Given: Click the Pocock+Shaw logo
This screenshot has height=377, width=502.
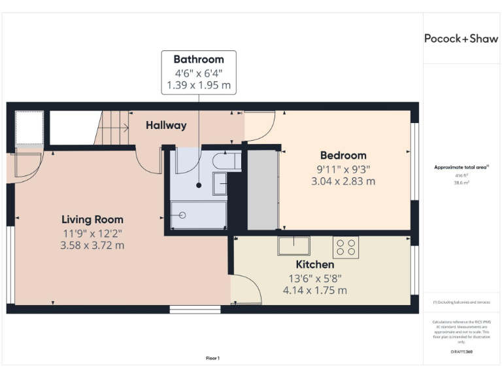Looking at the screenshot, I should coord(461,39).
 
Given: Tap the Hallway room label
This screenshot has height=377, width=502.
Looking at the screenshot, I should coord(166,125).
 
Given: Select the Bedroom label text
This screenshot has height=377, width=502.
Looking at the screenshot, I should coord(343,156).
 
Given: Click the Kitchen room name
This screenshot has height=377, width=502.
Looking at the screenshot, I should coord(315,264).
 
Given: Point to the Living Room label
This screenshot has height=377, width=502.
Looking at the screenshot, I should coord(92,219).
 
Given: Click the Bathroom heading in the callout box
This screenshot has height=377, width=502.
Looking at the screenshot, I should coord(199,60).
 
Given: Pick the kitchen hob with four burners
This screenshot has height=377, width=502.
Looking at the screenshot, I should coord(346,247).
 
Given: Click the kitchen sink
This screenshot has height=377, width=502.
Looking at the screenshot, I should coord(294,245).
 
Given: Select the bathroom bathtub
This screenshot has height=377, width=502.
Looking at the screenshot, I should coord(199,215).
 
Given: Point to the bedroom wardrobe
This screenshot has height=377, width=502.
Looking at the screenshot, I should coord(263,189).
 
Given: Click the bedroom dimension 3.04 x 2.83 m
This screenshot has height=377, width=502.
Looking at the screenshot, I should coord(343,181).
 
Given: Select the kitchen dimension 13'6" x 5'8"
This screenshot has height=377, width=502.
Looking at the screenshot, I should coord(315,278).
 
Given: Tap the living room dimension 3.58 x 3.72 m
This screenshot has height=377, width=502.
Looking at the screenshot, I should coord(92,245).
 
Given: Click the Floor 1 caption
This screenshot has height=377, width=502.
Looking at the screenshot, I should coord(213,358).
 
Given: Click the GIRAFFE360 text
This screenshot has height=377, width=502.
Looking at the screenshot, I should coord(461,352).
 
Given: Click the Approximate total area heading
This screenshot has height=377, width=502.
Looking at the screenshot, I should coord(461,168).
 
